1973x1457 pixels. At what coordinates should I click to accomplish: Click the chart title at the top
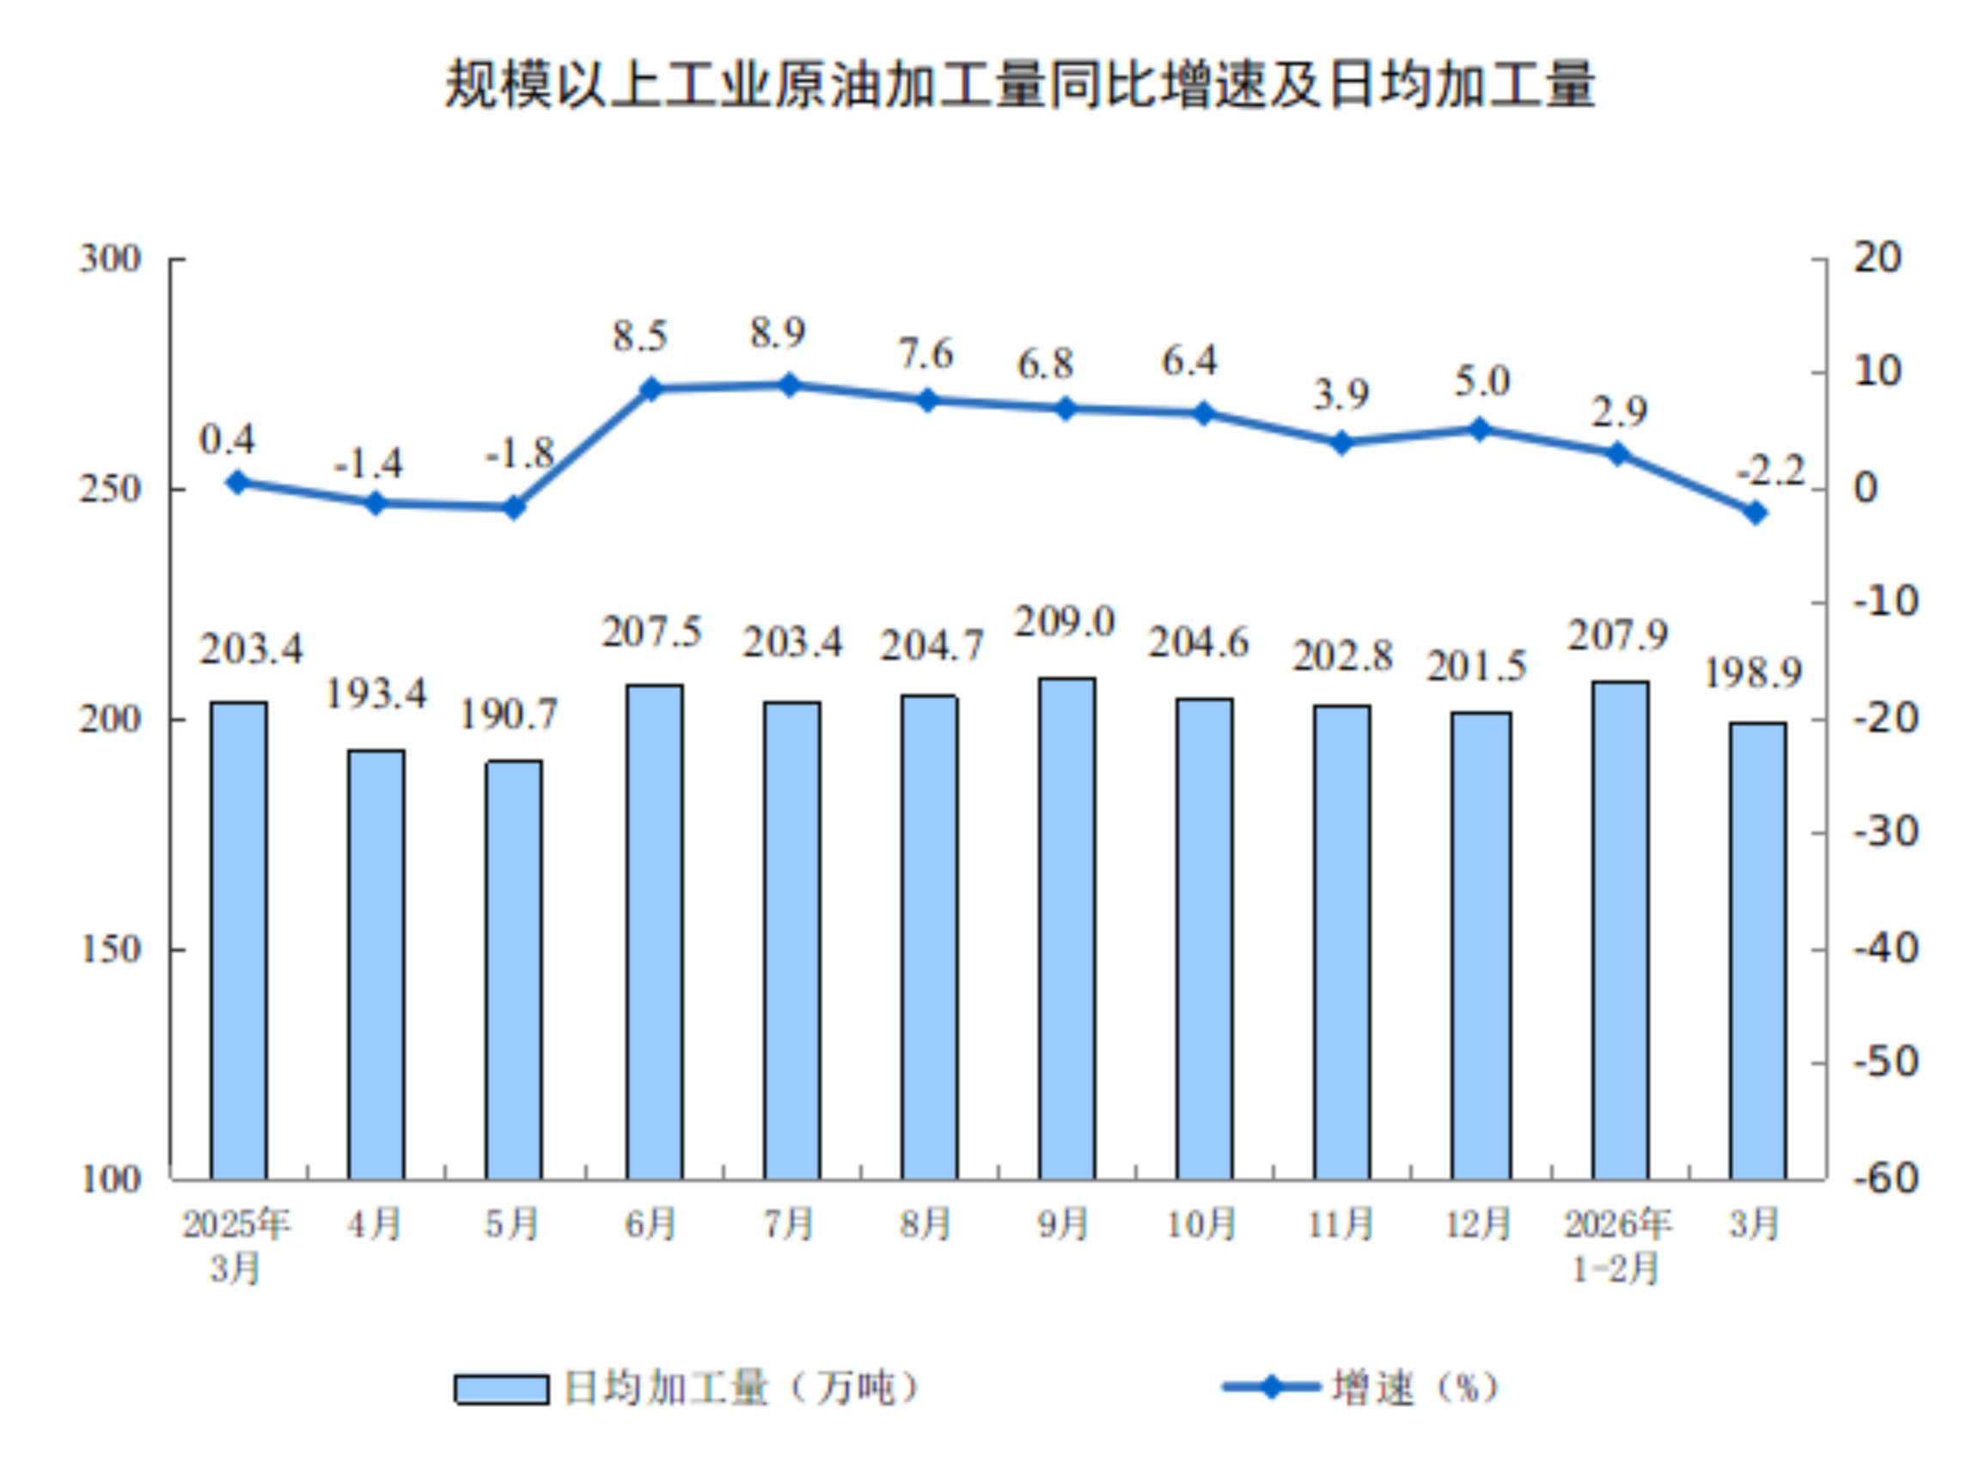(x=1019, y=86)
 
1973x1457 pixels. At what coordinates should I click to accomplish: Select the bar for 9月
(x=1066, y=928)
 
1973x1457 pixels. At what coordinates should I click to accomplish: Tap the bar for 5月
(x=514, y=969)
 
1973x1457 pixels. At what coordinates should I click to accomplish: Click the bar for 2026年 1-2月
(x=1620, y=930)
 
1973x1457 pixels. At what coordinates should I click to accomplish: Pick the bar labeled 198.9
(x=1758, y=951)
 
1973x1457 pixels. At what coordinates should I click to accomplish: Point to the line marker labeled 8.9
(x=790, y=386)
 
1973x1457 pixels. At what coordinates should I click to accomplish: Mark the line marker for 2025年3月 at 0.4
(x=237, y=483)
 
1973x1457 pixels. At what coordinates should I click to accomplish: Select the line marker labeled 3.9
(x=1341, y=442)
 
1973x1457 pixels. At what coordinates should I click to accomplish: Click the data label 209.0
(x=1065, y=623)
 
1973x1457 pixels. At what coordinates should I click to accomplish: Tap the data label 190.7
(x=509, y=715)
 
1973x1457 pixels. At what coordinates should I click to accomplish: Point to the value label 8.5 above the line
(x=640, y=337)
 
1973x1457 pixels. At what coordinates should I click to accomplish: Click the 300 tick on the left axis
(x=110, y=259)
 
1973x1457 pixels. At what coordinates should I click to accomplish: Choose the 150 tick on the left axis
(x=110, y=950)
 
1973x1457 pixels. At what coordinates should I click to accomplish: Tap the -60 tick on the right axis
(x=1885, y=1179)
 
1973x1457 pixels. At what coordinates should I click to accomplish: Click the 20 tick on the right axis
(x=1877, y=259)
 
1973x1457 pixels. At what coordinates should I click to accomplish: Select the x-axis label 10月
(x=1202, y=1224)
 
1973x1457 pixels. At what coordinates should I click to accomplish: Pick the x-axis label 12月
(x=1478, y=1224)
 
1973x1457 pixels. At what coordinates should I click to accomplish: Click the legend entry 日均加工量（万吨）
(x=688, y=1388)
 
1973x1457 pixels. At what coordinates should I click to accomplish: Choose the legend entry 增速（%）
(x=1363, y=1388)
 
